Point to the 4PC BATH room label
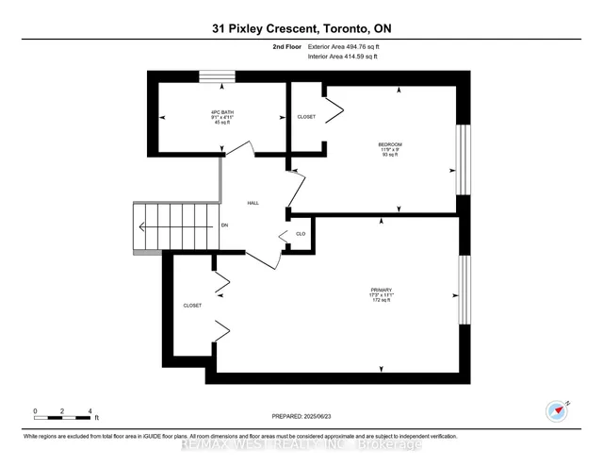pyautogui.click(x=222, y=112)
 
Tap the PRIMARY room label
pyautogui.click(x=382, y=289)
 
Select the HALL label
pyautogui.click(x=253, y=203)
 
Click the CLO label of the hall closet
pyautogui.click(x=301, y=234)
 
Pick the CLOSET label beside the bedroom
pyautogui.click(x=306, y=117)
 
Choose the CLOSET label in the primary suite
pyautogui.click(x=192, y=306)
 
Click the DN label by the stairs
pyautogui.click(x=224, y=226)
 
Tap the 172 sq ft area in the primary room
pyautogui.click(x=382, y=301)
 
